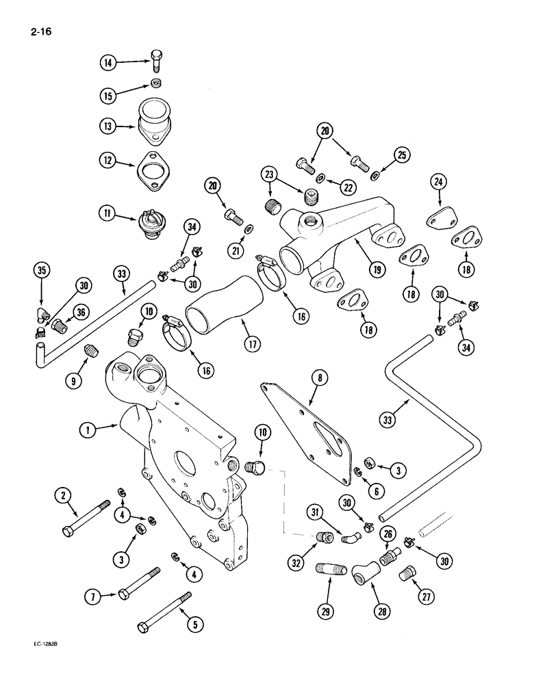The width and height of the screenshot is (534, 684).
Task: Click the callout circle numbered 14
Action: click(x=107, y=63)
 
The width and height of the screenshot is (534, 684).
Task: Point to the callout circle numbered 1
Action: click(x=87, y=430)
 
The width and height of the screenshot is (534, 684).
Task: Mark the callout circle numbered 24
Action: click(x=438, y=182)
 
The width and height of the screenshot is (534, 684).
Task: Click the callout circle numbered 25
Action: click(x=402, y=155)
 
